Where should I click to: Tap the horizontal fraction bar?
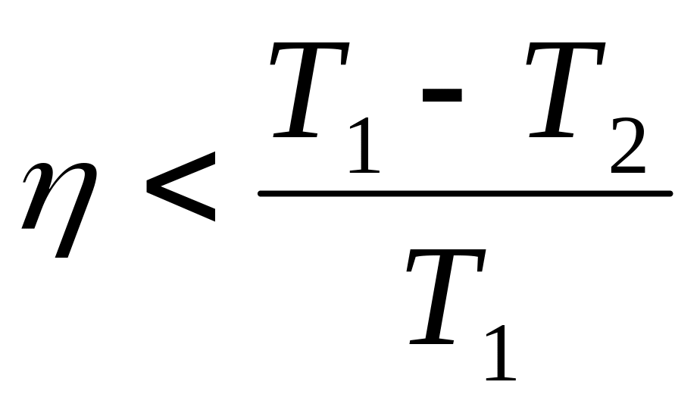(x=464, y=194)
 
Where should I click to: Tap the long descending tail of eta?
(x=67, y=243)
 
